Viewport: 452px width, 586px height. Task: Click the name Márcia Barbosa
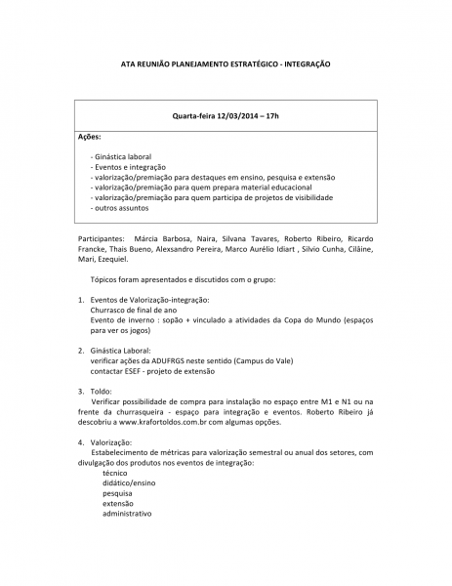click(x=162, y=238)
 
